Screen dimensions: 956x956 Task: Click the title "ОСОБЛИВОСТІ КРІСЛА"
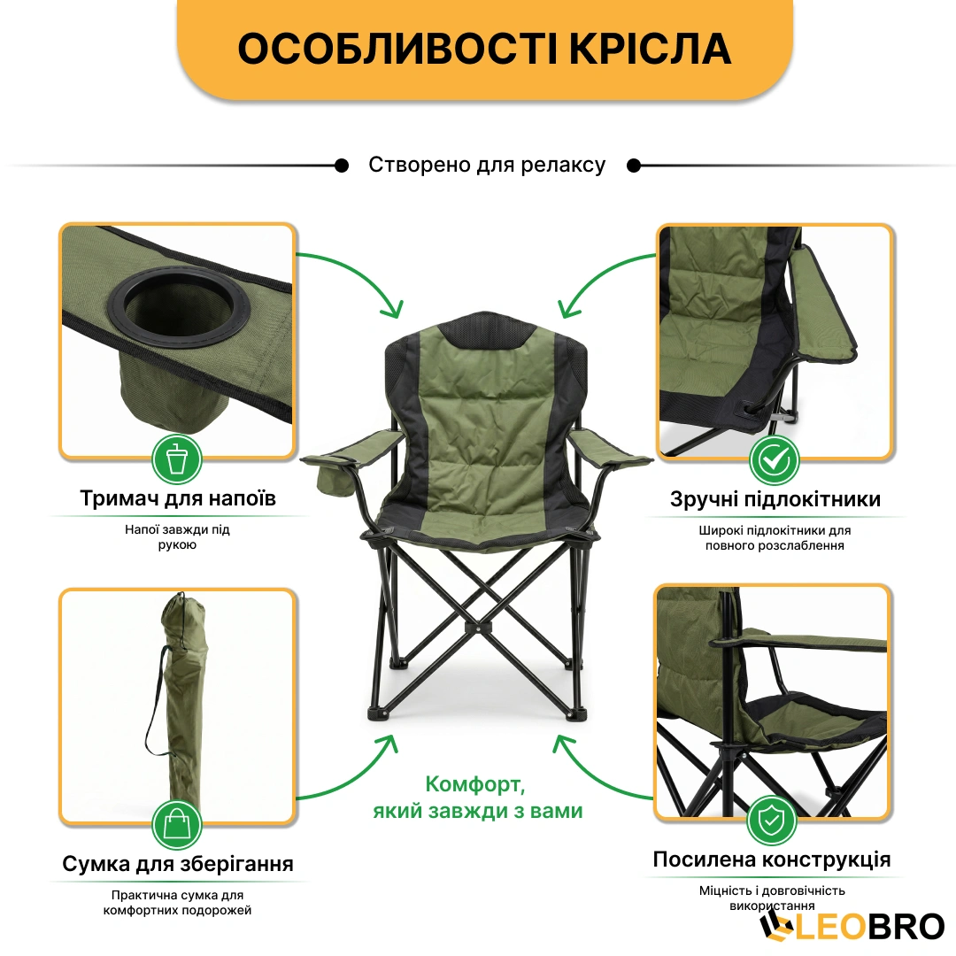pyautogui.click(x=484, y=49)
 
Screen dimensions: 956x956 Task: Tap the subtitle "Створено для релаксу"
pyautogui.click(x=487, y=165)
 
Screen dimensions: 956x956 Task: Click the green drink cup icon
pyautogui.click(x=177, y=459)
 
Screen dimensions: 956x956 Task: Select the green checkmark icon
pyautogui.click(x=775, y=460)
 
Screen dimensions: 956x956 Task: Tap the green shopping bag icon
pyautogui.click(x=177, y=824)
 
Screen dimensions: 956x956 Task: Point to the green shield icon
pyautogui.click(x=772, y=821)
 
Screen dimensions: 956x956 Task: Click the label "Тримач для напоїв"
pyautogui.click(x=178, y=498)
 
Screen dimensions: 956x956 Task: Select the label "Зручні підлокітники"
pyautogui.click(x=775, y=498)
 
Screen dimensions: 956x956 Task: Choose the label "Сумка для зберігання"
pyautogui.click(x=178, y=863)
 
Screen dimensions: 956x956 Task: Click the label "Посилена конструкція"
pyautogui.click(x=772, y=859)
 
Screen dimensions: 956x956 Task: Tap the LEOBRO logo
pyautogui.click(x=852, y=926)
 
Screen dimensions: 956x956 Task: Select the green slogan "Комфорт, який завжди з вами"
pyautogui.click(x=477, y=798)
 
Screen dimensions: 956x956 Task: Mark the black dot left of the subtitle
pyautogui.click(x=342, y=166)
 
